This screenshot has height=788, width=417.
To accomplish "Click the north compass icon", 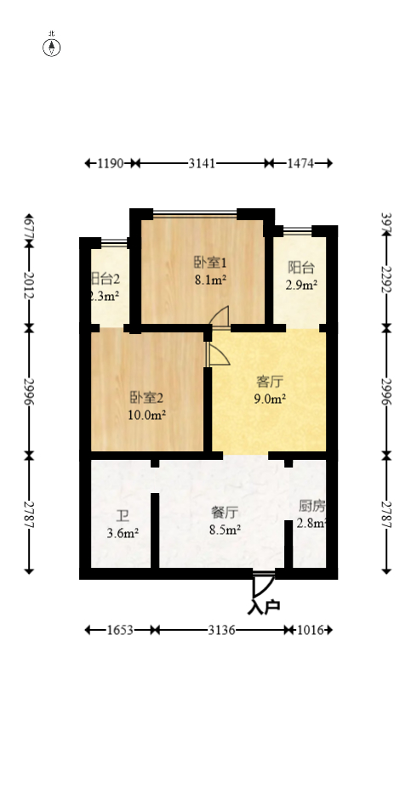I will click(52, 47).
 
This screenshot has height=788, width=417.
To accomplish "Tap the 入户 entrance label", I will click(264, 607).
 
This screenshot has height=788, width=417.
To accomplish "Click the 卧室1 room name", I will click(209, 262).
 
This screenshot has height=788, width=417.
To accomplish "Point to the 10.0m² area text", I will click(146, 415).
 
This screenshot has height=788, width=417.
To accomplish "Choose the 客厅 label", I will click(271, 381).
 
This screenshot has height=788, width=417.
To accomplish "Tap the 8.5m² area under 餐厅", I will click(225, 529).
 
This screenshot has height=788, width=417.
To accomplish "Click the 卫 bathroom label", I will click(123, 516).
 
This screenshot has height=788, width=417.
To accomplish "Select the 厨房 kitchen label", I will click(311, 506).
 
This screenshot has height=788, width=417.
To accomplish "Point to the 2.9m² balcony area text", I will click(302, 286).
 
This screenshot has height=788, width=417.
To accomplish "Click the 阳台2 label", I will click(105, 279).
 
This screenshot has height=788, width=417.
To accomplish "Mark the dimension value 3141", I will click(202, 163).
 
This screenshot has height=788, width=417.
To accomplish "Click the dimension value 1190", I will click(111, 163).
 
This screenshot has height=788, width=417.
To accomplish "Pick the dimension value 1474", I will click(299, 163).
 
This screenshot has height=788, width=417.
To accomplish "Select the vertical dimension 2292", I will click(386, 280).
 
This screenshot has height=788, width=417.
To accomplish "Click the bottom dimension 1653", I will click(121, 630).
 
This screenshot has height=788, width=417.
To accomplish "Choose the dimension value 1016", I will click(309, 630).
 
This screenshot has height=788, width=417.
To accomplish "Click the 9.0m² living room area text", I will click(271, 398).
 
